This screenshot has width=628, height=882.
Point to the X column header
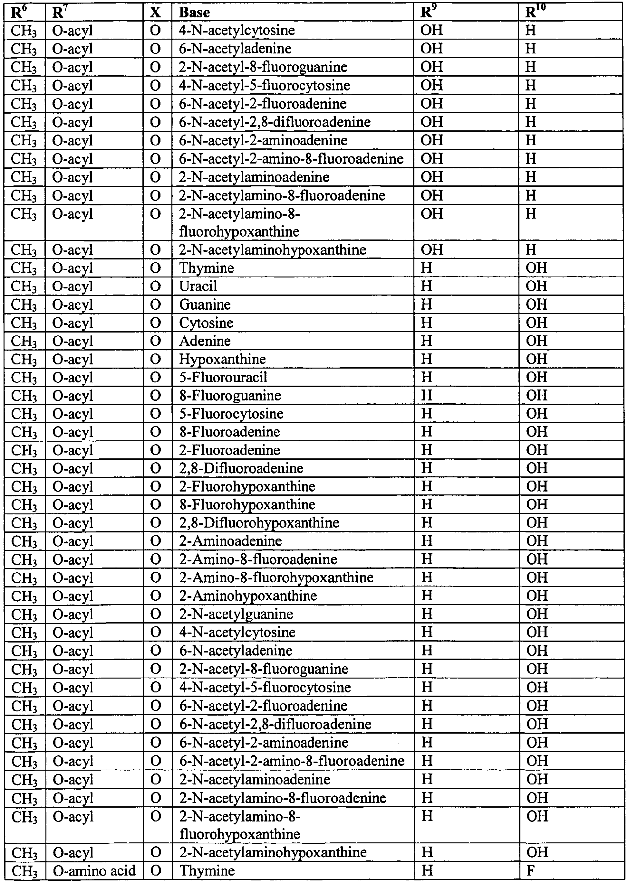[155, 13]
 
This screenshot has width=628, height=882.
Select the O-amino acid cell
[94, 871]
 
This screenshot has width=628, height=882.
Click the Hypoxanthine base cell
[222, 359]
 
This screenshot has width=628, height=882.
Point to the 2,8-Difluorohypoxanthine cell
[259, 523]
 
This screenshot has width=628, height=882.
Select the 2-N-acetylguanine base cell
[236, 614]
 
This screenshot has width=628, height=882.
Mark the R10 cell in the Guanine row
[536, 305]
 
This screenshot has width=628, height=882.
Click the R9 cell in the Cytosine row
[426, 323]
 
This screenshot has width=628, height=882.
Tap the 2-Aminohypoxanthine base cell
[248, 596]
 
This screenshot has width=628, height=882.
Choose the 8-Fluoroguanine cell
[230, 396]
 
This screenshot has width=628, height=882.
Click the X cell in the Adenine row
[155, 341]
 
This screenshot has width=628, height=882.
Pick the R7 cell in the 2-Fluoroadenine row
[73, 450]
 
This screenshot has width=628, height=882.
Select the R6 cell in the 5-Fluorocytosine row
[24, 414]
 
